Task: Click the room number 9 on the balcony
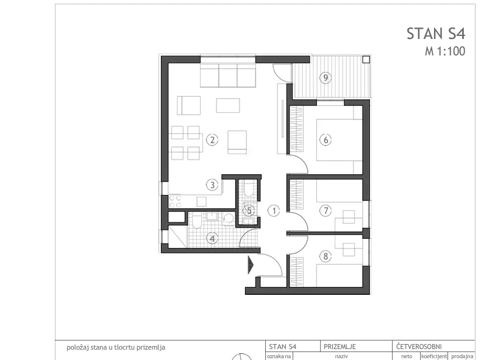tap(326, 77)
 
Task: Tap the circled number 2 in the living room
tap(212, 140)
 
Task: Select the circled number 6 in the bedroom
tap(326, 140)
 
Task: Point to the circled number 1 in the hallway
tap(274, 211)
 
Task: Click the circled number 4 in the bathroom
tap(212, 238)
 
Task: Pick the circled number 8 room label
tap(326, 256)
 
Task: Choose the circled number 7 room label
tap(326, 211)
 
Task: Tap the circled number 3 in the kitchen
tap(212, 185)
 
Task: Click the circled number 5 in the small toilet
tap(249, 211)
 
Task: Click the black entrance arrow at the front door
tap(251, 265)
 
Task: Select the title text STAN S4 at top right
tap(436, 34)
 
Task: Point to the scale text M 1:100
tap(445, 51)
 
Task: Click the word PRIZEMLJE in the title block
tap(340, 347)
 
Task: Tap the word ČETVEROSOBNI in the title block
tap(419, 347)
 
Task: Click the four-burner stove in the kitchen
tap(175, 201)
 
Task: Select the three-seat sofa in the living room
tap(228, 76)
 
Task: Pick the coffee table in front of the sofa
tap(228, 105)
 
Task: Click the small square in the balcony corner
tap(366, 60)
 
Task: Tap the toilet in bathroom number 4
tap(197, 221)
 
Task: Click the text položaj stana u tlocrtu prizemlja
tap(116, 347)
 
